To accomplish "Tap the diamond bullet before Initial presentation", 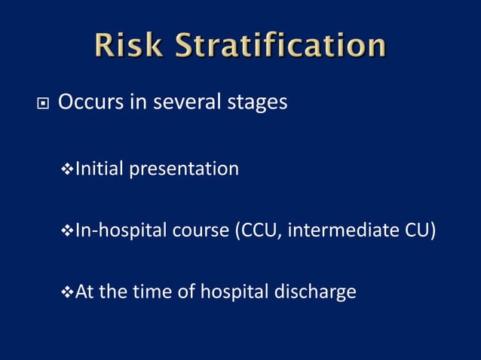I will tap(66, 169).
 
